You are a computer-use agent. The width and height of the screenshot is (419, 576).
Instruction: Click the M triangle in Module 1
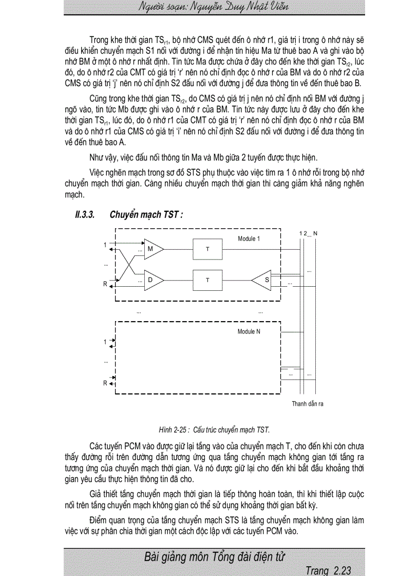(153, 249)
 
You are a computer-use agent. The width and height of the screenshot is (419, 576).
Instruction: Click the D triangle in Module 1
(153, 280)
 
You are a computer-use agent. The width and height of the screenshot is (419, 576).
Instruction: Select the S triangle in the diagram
(263, 280)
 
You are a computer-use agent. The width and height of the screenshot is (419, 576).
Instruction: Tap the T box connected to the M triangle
(207, 249)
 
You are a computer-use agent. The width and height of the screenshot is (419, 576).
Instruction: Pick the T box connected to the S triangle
(207, 280)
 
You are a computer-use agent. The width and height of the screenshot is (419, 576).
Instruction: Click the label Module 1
(249, 239)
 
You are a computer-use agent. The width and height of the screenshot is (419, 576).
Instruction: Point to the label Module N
(249, 332)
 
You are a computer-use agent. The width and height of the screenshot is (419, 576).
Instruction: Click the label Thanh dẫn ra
(308, 404)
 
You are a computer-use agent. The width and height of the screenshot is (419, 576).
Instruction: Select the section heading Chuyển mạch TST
(146, 215)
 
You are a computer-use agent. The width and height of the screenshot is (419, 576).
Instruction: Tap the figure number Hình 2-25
(175, 430)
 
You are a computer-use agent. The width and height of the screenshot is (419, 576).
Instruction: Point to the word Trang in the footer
(317, 570)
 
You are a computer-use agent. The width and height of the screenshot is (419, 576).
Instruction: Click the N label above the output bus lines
(315, 233)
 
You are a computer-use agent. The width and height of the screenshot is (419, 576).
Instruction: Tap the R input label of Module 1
(105, 283)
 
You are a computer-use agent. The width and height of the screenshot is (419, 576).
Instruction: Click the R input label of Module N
(105, 383)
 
